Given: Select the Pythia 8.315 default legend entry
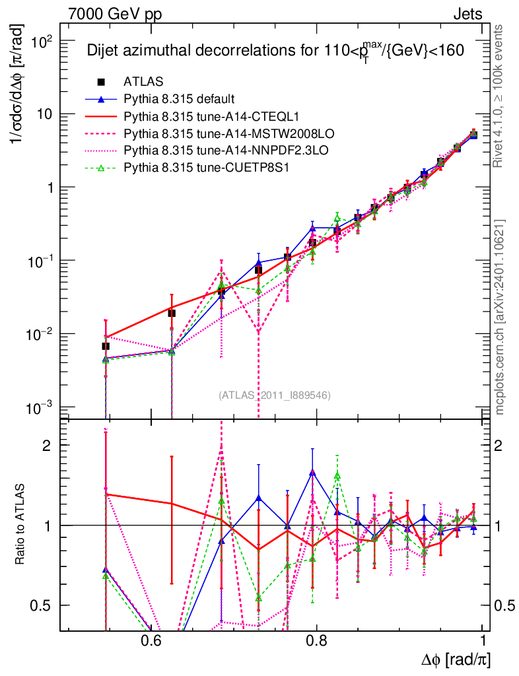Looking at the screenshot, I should tap(179, 99).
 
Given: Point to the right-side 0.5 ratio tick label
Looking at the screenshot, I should tap(505, 605).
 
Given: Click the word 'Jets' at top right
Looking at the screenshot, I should tap(467, 14).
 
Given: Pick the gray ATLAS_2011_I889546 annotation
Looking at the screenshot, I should tap(275, 395).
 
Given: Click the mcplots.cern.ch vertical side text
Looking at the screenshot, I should tap(500, 317).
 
